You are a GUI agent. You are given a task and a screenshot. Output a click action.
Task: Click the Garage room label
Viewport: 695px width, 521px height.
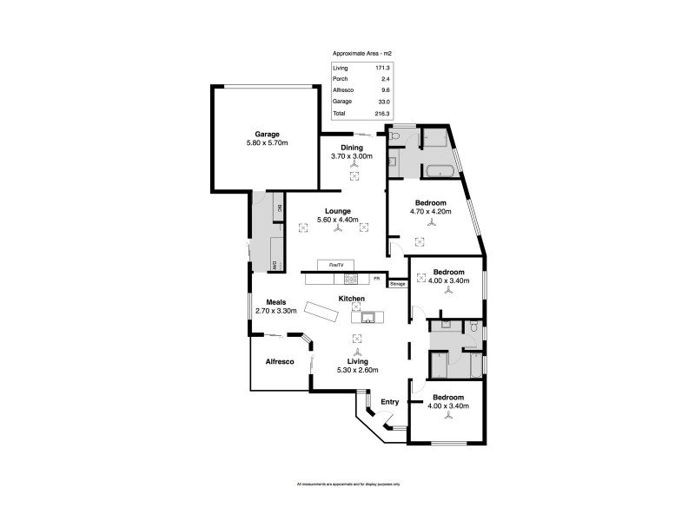(x=267, y=134)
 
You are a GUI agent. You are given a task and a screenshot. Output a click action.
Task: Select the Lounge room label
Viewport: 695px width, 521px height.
(x=337, y=211)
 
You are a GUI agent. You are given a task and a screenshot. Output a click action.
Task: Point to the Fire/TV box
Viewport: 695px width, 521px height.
(x=331, y=264)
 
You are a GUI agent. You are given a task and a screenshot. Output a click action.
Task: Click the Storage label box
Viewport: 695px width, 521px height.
(x=397, y=283)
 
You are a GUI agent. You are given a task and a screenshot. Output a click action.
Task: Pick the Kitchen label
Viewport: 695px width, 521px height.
(x=351, y=299)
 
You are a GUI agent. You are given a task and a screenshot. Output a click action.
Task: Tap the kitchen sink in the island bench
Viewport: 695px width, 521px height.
(x=368, y=316)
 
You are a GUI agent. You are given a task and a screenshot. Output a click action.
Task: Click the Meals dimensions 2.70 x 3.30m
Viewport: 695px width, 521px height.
(x=276, y=311)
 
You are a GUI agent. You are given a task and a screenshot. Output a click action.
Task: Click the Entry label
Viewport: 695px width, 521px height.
(x=390, y=402)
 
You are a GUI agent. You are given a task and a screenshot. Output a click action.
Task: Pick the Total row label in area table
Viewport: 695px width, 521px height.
(x=340, y=113)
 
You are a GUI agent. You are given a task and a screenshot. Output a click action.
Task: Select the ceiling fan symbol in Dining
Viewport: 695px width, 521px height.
(x=354, y=164)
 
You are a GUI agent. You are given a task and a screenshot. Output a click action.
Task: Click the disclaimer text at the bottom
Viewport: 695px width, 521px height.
(x=347, y=484)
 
